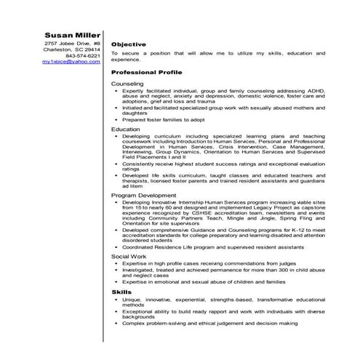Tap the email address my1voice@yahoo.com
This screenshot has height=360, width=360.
tap(71, 63)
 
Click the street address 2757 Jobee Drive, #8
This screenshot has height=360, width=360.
tap(72, 44)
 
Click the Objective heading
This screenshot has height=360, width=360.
tap(129, 44)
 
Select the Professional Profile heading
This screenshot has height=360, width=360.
tap(145, 73)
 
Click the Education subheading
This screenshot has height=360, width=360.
tap(126, 129)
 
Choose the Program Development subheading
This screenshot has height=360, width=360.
tap(144, 196)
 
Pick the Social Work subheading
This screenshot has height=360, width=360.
tap(129, 256)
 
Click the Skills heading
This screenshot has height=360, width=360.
tap(121, 292)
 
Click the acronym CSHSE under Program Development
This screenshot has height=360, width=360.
tap(191, 213)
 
